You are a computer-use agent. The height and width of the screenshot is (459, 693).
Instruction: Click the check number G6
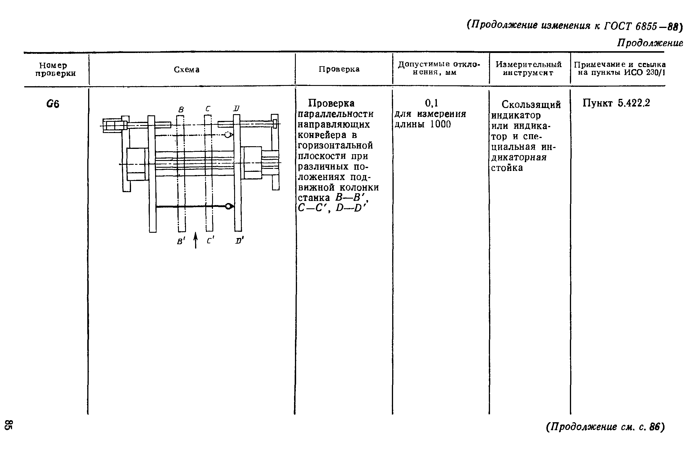[53, 104]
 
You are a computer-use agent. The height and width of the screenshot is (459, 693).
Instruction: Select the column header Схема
[187, 69]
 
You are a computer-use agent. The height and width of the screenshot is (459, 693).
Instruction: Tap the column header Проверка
[339, 69]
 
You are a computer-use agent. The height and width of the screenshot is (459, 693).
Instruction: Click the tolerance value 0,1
[431, 103]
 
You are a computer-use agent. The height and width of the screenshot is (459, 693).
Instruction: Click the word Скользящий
[531, 104]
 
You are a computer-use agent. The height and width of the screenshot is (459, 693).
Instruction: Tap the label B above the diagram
[181, 110]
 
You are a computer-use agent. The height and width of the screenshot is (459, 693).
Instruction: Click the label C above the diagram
[208, 109]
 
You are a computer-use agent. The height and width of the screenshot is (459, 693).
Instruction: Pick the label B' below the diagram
[180, 241]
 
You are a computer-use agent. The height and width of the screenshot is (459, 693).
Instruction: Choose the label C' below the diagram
[209, 241]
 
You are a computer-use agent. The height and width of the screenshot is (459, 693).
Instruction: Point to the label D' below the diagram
[239, 241]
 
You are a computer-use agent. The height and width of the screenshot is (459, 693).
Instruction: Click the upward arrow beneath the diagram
[196, 240]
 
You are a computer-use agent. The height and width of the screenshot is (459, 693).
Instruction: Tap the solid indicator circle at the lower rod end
[228, 207]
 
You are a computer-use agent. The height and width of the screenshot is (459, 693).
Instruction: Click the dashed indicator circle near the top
[227, 135]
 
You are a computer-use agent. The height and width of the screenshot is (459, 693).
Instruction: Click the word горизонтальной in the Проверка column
[335, 146]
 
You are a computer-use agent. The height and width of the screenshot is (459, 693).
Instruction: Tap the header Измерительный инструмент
[528, 69]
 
